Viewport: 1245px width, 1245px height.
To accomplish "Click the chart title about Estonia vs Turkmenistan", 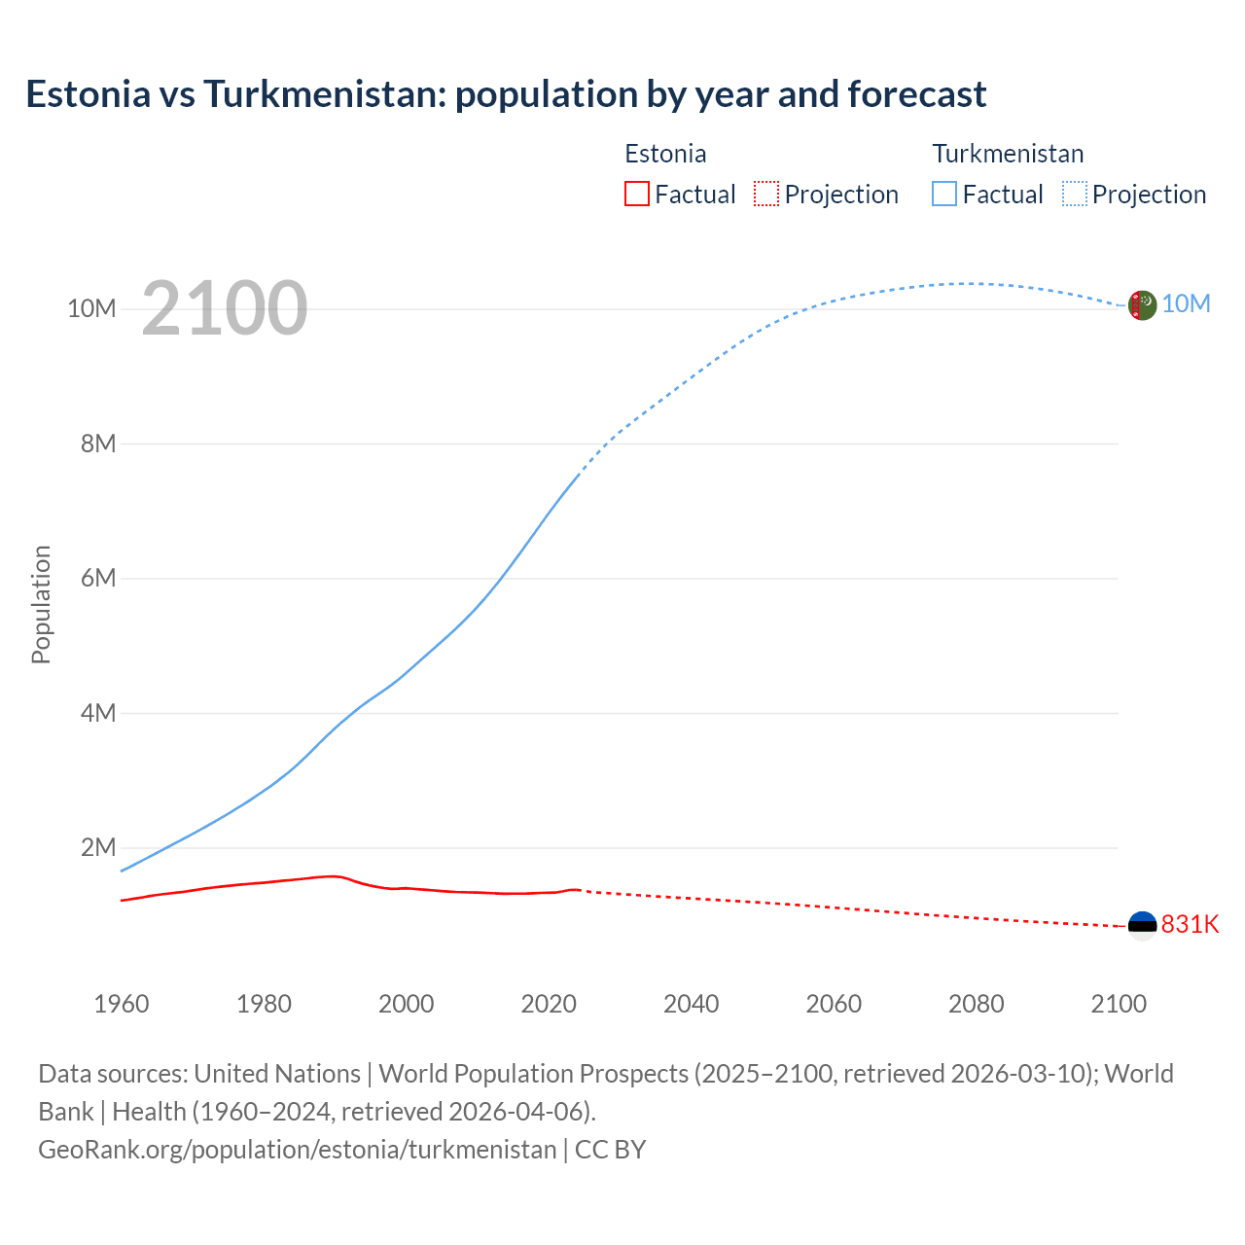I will click(x=506, y=94).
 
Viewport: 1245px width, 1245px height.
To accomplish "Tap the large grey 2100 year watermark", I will click(x=225, y=308).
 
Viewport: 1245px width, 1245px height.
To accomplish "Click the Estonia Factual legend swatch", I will click(x=636, y=194).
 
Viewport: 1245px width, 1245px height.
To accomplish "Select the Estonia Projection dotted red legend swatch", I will click(x=766, y=194).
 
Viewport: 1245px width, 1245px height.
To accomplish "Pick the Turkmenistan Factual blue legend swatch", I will click(x=943, y=194).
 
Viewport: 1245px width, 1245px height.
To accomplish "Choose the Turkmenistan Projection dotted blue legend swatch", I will click(x=1074, y=194).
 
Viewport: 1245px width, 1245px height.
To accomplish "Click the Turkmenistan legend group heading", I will click(x=1008, y=154).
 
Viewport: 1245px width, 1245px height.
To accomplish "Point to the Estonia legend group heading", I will click(x=665, y=154).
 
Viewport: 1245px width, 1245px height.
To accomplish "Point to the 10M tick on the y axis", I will click(x=91, y=309).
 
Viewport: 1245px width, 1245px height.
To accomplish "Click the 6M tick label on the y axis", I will click(x=98, y=579).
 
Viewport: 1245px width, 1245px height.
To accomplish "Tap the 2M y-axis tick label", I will click(x=98, y=847).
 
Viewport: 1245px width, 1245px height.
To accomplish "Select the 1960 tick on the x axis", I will click(x=122, y=1004).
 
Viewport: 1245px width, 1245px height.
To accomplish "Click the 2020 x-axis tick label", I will click(x=549, y=1004).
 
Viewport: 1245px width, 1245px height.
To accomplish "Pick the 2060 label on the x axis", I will click(x=834, y=1004).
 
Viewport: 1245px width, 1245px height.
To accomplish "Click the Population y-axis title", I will click(x=41, y=604).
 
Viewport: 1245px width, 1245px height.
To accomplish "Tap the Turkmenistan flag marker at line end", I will click(x=1142, y=305).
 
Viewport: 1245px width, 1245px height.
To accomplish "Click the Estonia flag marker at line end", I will click(x=1142, y=925).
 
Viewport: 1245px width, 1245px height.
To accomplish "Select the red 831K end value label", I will click(x=1190, y=924).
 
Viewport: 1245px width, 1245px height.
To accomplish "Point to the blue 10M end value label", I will click(x=1186, y=304).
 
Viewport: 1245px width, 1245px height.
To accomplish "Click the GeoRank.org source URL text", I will click(x=297, y=1150).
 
